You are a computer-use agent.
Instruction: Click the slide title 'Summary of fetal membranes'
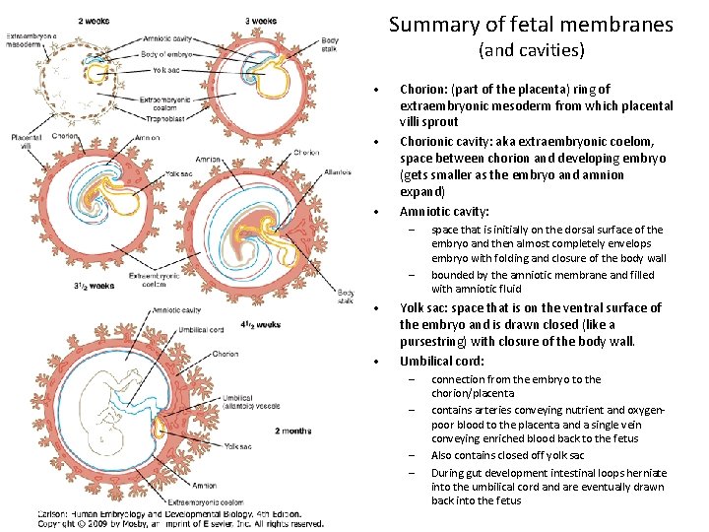tap(531, 24)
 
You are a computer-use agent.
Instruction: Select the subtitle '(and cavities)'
tap(531, 49)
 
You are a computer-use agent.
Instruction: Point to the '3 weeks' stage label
tap(261, 21)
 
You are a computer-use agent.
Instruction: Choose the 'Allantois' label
tap(338, 171)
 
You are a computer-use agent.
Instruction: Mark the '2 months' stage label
tap(293, 430)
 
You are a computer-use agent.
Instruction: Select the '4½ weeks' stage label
tap(261, 324)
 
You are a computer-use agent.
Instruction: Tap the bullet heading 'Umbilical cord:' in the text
tap(442, 361)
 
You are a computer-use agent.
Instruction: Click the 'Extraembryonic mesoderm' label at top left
tap(32, 40)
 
